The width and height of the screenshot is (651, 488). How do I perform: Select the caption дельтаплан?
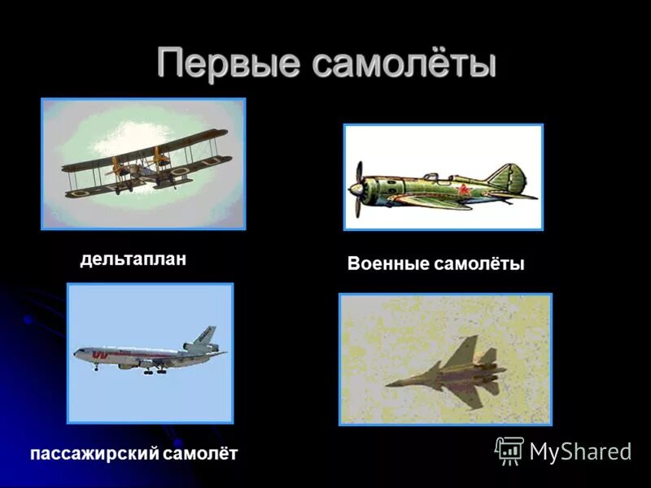pyautogui.click(x=133, y=259)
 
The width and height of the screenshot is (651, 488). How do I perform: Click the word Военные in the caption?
pyautogui.click(x=387, y=264)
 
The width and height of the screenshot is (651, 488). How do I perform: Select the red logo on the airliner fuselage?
pyautogui.click(x=102, y=355)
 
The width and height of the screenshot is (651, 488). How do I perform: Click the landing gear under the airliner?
pyautogui.click(x=151, y=370)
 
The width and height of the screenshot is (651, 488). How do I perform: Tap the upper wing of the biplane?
pyautogui.click(x=146, y=147)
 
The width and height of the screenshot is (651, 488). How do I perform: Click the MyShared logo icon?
pyautogui.click(x=509, y=450)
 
